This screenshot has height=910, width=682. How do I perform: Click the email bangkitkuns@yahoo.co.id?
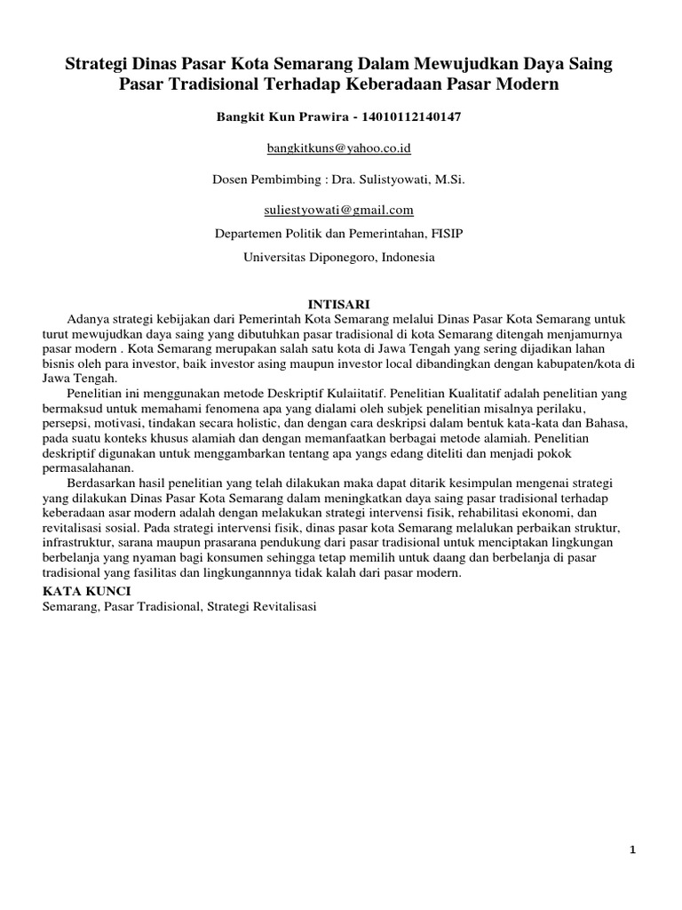pyautogui.click(x=340, y=147)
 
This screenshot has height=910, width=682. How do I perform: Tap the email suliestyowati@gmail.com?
pyautogui.click(x=340, y=210)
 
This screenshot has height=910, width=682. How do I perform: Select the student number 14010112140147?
pyautogui.click(x=413, y=116)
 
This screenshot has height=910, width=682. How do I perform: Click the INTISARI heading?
pyautogui.click(x=340, y=303)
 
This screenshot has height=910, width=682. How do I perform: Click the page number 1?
pyautogui.click(x=632, y=849)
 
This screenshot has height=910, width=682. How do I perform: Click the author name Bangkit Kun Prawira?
pyautogui.click(x=280, y=116)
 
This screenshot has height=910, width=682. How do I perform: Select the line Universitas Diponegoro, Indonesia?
pyautogui.click(x=340, y=257)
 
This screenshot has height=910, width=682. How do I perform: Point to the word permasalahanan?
pyautogui.click(x=87, y=468)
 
